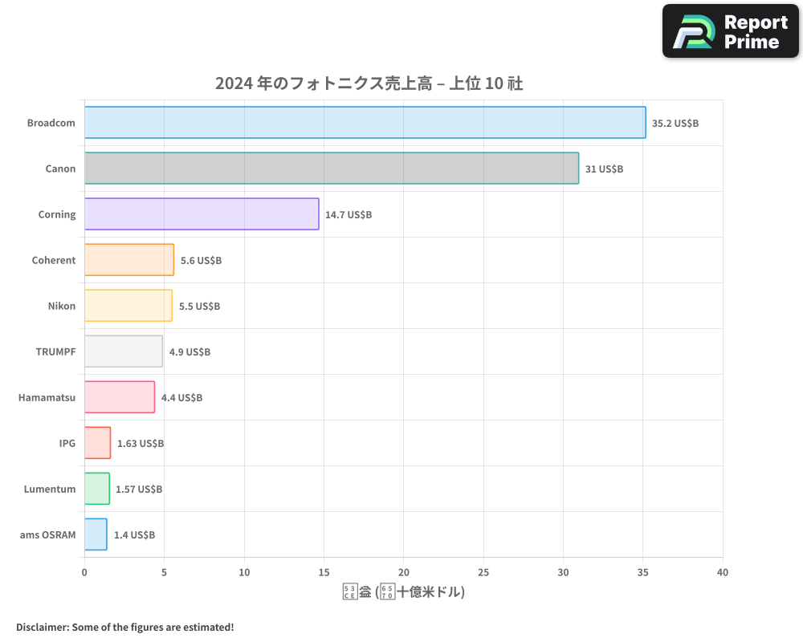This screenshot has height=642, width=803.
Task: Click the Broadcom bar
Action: point(365,123)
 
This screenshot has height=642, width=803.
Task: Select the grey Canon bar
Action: point(331,169)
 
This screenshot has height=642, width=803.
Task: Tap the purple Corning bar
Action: point(202,214)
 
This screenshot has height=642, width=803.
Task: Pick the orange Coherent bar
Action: point(128,260)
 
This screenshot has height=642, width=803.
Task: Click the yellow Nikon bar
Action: point(128,306)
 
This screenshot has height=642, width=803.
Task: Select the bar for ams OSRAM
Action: point(96,534)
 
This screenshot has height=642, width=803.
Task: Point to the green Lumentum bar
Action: point(96,489)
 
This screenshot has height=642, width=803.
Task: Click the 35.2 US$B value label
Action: point(675,124)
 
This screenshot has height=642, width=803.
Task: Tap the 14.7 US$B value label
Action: point(349,215)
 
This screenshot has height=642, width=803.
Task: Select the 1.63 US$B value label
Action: point(140,444)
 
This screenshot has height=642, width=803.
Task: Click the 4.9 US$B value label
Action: point(190,352)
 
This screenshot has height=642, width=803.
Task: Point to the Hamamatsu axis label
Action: point(47,397)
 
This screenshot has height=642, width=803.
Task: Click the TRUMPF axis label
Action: point(55,351)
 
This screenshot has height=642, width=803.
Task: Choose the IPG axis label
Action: point(67,443)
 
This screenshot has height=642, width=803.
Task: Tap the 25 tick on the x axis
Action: point(483,572)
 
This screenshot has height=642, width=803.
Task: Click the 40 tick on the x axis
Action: point(722,572)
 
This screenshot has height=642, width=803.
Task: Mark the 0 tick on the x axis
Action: point(84,572)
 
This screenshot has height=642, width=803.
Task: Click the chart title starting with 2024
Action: point(369,83)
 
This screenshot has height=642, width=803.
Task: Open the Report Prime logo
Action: point(730,31)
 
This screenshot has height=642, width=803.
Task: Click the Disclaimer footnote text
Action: point(124,627)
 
